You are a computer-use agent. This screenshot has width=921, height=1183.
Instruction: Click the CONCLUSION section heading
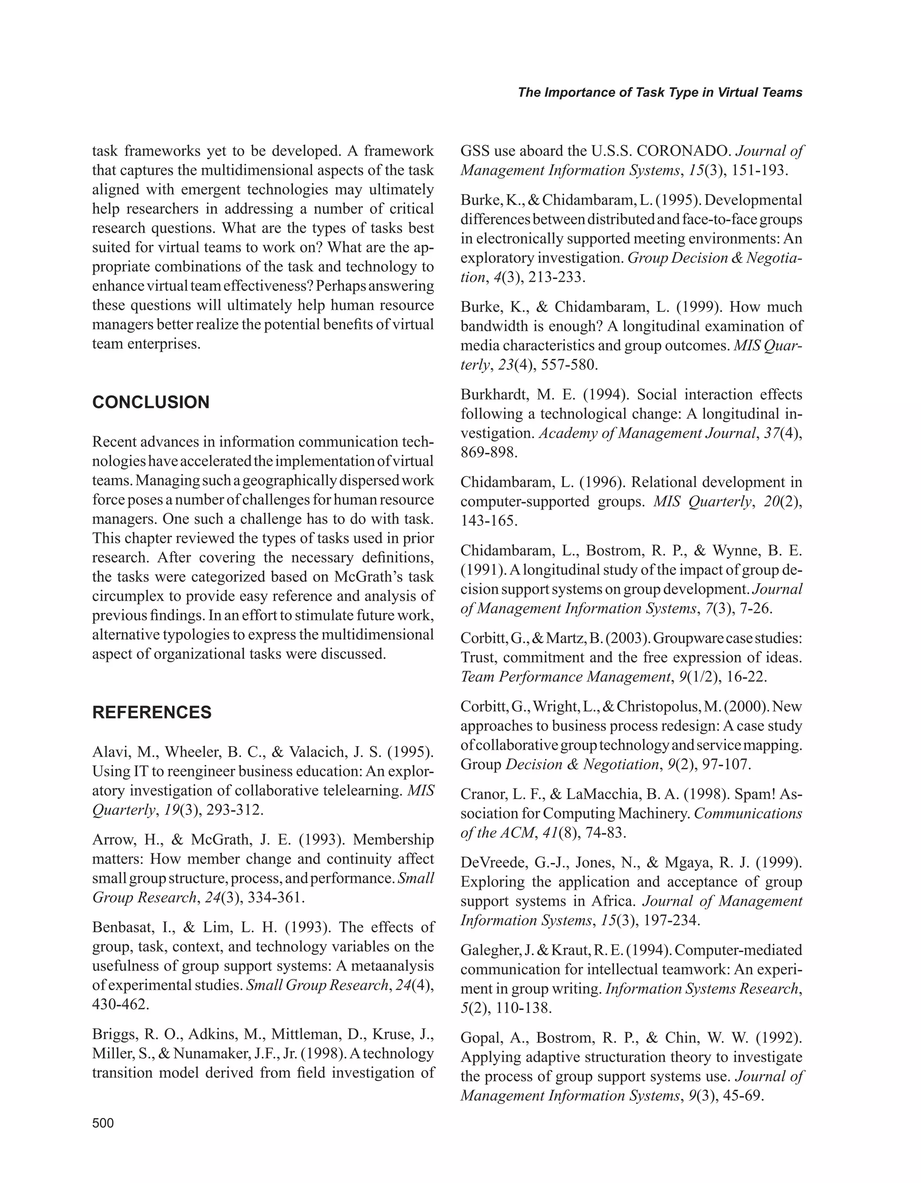[x=151, y=403]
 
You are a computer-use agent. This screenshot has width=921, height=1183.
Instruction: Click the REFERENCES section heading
[x=152, y=712]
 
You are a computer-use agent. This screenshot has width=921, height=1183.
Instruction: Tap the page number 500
[x=103, y=1123]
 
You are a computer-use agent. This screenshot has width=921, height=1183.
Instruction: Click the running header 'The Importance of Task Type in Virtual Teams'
[x=660, y=93]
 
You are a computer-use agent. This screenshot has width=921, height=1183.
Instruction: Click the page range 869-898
[x=489, y=452]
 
